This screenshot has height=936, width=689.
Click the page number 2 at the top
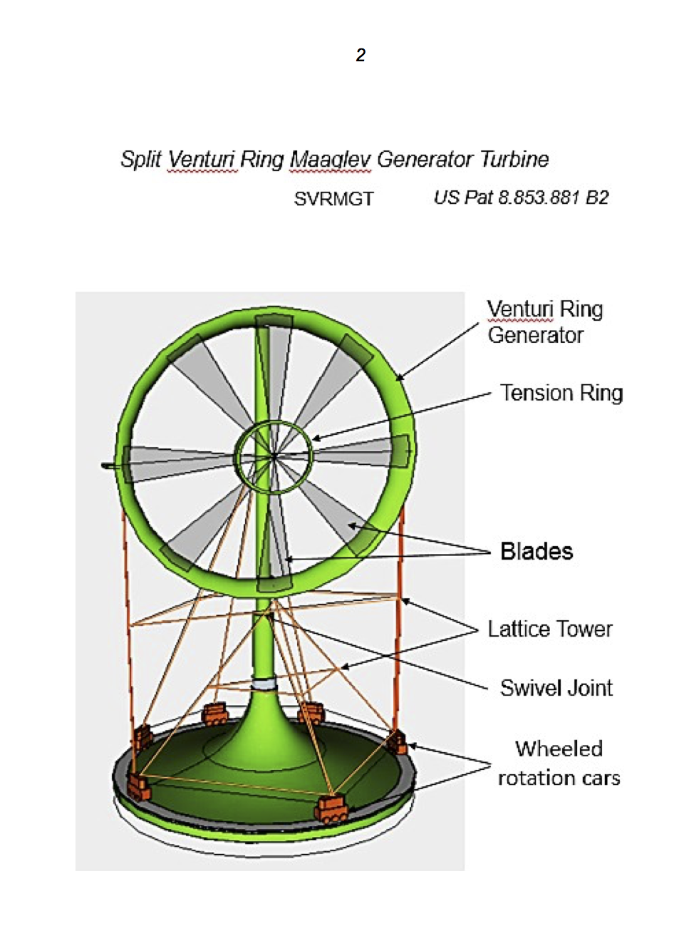tap(361, 55)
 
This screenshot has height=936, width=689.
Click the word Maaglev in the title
tap(330, 159)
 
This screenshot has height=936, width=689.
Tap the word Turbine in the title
tap(514, 159)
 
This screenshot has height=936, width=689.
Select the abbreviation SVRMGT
tap(333, 199)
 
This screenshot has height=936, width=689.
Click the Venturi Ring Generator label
tap(545, 322)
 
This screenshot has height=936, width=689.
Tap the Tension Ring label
tap(561, 393)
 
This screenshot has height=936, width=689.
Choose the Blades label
tap(537, 551)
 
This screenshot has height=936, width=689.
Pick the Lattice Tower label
tap(550, 629)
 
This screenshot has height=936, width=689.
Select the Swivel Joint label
tap(556, 688)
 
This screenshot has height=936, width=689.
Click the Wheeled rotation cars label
tap(559, 763)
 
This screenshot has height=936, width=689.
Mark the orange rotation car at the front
tap(331, 810)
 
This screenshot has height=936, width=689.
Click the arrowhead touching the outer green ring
tap(398, 378)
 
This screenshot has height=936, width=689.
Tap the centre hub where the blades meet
tap(274, 455)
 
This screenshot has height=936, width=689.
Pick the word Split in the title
tap(141, 159)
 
